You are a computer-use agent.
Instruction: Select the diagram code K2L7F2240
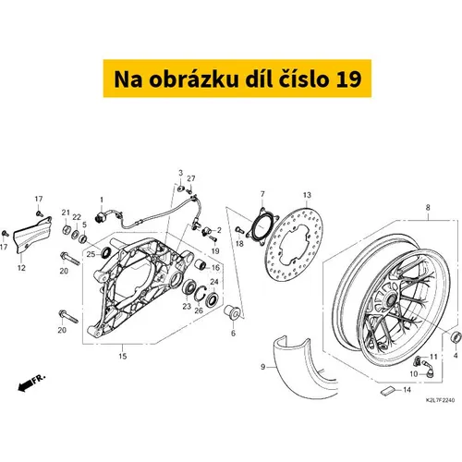(x=440, y=400)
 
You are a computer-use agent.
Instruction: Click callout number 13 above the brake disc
(x=307, y=195)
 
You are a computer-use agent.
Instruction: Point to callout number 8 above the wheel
(x=428, y=208)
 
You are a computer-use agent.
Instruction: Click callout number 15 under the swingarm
(x=123, y=356)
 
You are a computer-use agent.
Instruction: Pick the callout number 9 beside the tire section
(x=262, y=367)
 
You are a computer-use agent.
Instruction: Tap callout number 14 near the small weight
(x=407, y=390)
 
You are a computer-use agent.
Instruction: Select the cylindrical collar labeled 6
(x=233, y=312)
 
